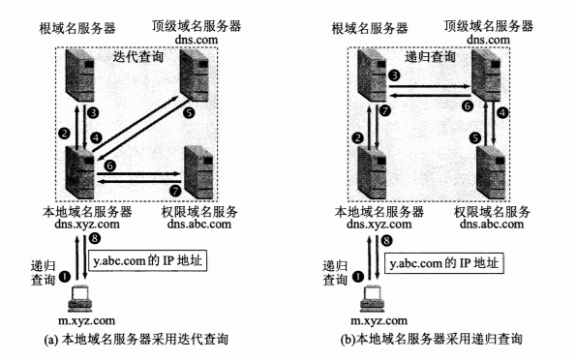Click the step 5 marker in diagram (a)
pos(189,112)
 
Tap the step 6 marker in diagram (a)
pos(109,166)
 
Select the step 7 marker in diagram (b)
pos(385,110)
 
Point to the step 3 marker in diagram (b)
pos(394,75)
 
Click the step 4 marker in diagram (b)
pos(502,112)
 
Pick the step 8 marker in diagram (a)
pos(95,238)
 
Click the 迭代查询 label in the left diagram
pos(137,56)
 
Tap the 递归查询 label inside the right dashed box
pos(430,56)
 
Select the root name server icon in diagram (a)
pos(79,75)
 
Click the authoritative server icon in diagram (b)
pos(491,172)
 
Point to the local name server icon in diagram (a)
pos(79,172)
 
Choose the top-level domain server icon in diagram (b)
pos(486,75)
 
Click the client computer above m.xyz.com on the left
pos(79,297)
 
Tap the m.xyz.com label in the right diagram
pos(379,320)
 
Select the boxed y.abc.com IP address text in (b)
pos(443,263)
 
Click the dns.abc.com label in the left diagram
pos(199,224)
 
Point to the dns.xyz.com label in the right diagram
pos(379,224)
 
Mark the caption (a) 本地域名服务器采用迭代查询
pos(136,339)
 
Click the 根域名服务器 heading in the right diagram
pos(370,28)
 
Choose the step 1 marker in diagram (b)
pos(358,276)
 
